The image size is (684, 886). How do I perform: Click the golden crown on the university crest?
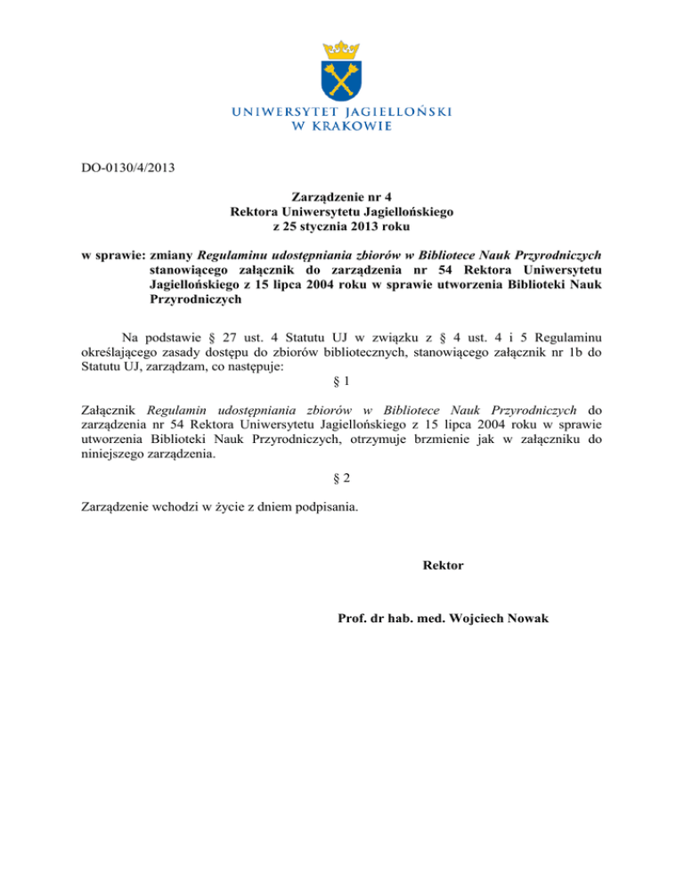[342, 45]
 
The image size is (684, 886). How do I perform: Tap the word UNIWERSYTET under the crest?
[280, 111]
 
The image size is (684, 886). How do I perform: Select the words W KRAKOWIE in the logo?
[342, 127]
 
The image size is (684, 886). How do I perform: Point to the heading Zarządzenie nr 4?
[342, 196]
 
